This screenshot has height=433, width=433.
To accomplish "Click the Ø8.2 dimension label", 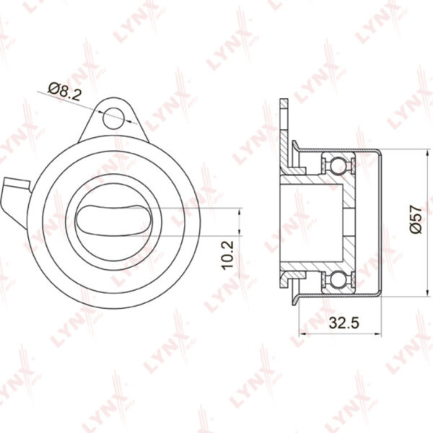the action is point(64,91).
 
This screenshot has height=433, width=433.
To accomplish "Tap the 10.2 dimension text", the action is point(227,255).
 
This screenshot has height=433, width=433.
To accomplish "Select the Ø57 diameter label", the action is point(416,219).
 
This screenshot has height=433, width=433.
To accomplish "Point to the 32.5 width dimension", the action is point(344,323).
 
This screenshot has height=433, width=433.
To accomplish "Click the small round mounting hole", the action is point(113,118).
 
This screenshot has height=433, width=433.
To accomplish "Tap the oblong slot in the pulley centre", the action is point(113,221).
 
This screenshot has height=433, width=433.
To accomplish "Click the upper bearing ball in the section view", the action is point(338,165).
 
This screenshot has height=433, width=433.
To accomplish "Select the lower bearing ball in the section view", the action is point(338,281).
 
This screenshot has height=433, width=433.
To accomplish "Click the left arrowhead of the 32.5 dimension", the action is point(302,334).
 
